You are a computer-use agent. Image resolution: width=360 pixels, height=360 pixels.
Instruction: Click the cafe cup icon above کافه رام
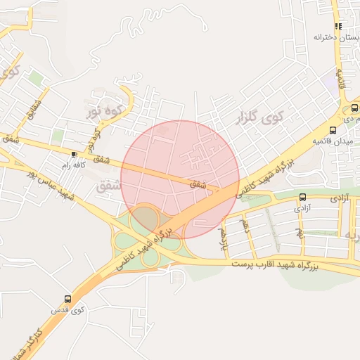[x=75, y=153]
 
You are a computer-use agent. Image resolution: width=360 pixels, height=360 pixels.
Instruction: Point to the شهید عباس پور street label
[x=49, y=181]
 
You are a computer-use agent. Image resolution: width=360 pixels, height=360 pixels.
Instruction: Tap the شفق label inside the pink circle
[x=200, y=184]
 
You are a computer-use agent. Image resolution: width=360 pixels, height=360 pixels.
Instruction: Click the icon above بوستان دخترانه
[x=338, y=26]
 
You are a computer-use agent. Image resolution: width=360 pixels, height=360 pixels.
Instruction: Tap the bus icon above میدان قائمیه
[x=333, y=129]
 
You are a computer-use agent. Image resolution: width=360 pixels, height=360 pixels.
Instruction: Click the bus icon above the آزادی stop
[x=302, y=197]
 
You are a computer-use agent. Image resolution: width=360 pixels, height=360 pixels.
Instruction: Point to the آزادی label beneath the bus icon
[x=302, y=208]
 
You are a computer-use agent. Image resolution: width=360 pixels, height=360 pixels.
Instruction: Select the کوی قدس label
[x=69, y=309]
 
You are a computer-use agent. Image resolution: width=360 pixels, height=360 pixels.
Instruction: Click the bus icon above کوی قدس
[x=67, y=299]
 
